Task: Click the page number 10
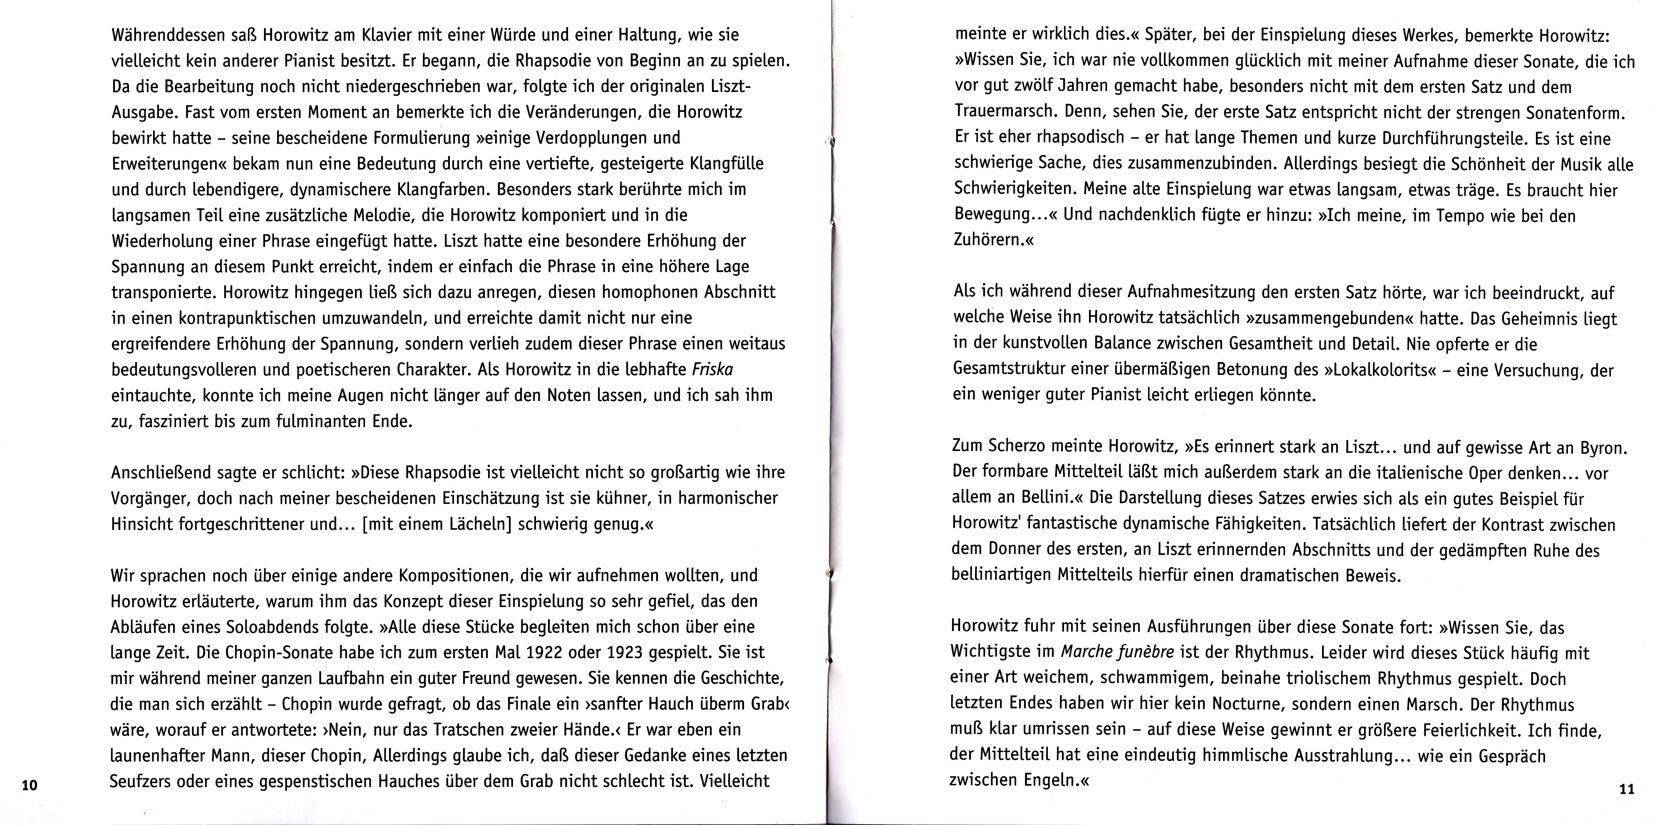(x=30, y=785)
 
